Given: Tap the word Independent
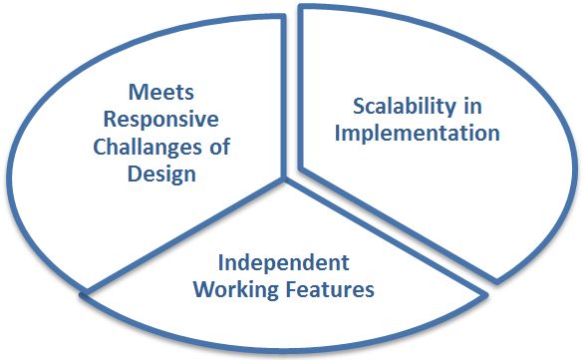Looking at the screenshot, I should coord(284,264).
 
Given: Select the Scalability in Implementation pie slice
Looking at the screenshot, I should coord(438,170).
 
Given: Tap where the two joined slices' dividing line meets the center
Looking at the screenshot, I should coord(286,181).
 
